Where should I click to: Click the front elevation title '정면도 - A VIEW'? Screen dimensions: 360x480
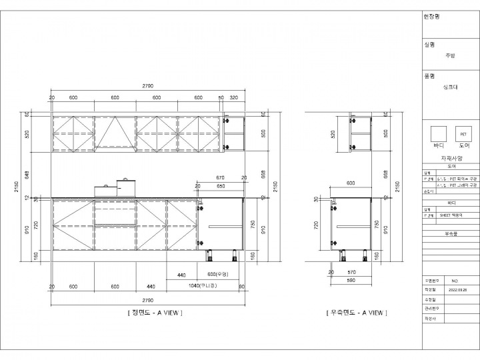[155, 313]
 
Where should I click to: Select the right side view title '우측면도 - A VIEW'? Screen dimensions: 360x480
[356, 313]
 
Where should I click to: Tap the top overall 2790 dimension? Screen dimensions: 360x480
[148, 86]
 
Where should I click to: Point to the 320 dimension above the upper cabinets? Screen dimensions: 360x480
[233, 97]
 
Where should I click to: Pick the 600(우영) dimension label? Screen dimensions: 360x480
[218, 275]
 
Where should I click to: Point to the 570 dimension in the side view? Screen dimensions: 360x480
[351, 272]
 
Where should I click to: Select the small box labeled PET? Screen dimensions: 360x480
[463, 134]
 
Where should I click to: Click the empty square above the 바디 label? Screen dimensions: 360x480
[438, 133]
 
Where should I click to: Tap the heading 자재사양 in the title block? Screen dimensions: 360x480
[451, 158]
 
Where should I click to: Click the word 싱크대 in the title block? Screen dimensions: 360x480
[451, 87]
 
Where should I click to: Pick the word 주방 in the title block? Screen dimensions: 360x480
[450, 55]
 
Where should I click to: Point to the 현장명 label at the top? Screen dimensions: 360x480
[431, 16]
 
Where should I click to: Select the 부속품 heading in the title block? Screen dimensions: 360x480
[451, 234]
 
